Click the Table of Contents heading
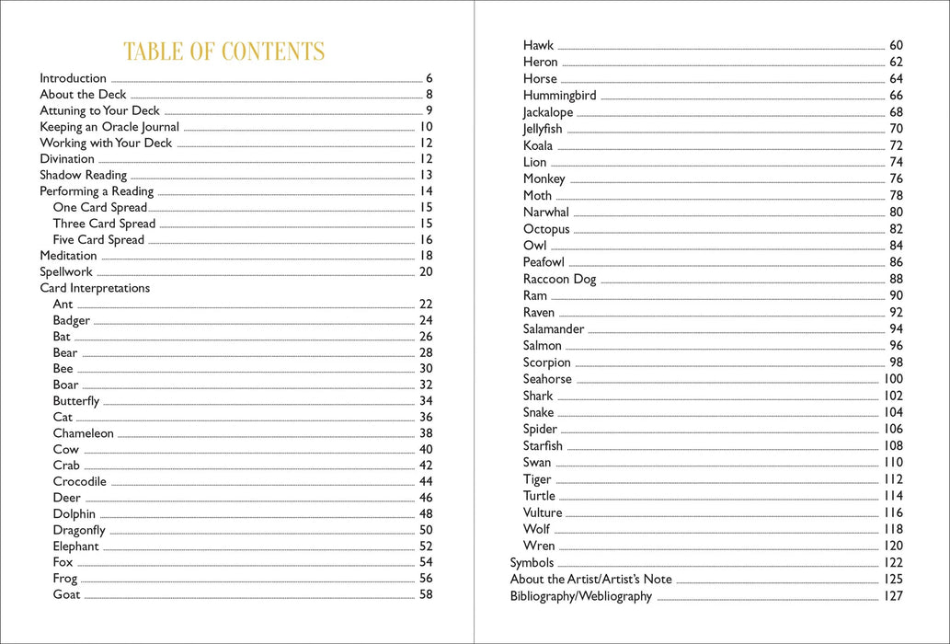point(224,52)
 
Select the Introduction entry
point(74,79)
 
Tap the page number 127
point(893,596)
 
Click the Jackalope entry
point(548,112)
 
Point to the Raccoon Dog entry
point(559,280)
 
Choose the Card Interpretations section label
point(95,288)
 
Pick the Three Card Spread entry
point(104,224)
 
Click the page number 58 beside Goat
point(426,594)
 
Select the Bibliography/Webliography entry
point(581,596)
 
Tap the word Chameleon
point(84,433)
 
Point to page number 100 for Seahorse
point(893,379)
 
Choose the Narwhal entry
point(546,213)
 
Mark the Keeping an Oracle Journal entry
point(109,127)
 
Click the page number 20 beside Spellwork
point(426,272)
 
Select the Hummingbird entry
point(560,96)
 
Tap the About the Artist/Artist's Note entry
point(591,580)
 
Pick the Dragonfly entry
point(79,530)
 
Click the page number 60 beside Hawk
point(896,45)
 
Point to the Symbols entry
point(532,563)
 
